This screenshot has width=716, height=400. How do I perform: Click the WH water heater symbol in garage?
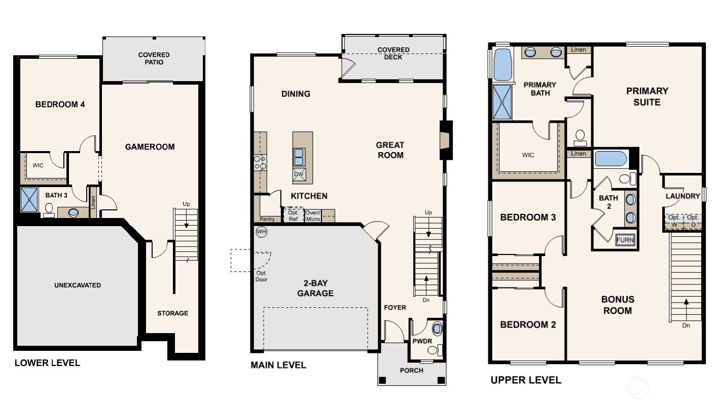coord(262,232)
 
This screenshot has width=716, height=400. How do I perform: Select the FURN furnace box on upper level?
coord(625,240)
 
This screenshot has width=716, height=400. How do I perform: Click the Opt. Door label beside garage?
coord(261,277)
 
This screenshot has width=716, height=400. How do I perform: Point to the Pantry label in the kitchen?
coord(267,219)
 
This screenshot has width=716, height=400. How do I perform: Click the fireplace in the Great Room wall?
coord(445,140)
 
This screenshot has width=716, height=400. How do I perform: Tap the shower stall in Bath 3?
coord(29,199)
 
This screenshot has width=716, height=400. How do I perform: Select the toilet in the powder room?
coord(439,349)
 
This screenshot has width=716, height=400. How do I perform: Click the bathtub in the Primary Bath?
coord(500,64)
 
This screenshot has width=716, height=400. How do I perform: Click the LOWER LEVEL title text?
coord(47,362)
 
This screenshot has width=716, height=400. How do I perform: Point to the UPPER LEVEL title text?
coord(525,380)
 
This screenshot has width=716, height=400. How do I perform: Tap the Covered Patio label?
coord(154,58)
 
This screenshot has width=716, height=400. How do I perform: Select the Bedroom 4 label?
coord(60,104)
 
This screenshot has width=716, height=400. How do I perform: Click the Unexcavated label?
coord(77,285)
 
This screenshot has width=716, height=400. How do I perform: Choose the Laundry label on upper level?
coord(683,196)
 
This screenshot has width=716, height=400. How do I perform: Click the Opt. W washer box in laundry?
coord(673,221)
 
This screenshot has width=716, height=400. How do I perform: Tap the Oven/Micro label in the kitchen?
coord(312,215)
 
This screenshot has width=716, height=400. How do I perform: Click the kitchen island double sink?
coord(299,157)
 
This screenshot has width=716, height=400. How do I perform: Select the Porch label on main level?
coord(411,370)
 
